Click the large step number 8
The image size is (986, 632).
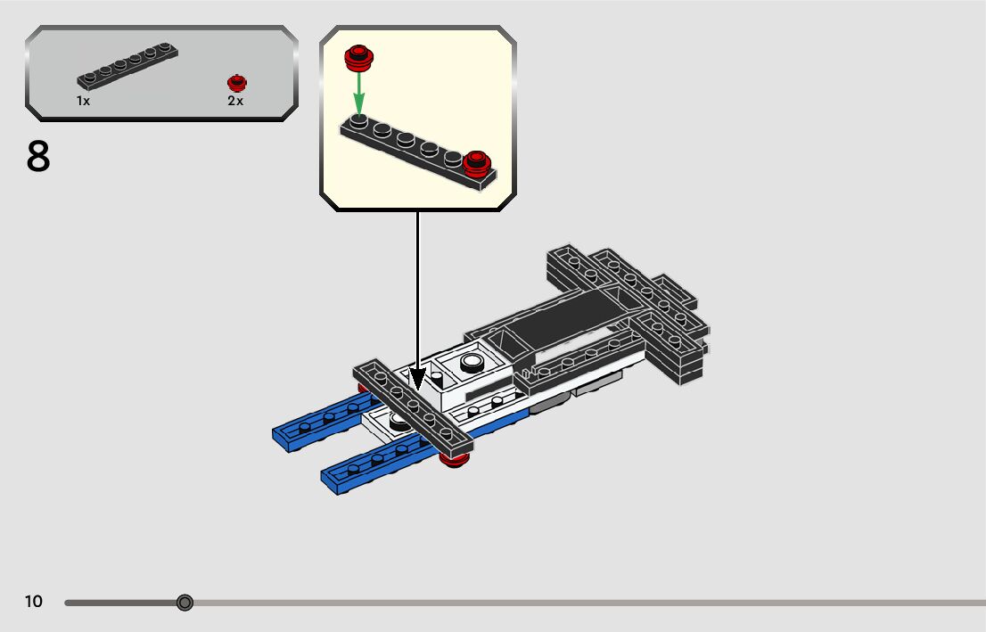pyautogui.click(x=38, y=157)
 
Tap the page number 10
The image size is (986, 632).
pyautogui.click(x=33, y=602)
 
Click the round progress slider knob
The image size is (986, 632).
pyautogui.click(x=185, y=603)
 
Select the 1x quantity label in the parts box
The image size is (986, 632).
pyautogui.click(x=83, y=102)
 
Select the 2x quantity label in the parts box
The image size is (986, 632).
pyautogui.click(x=235, y=102)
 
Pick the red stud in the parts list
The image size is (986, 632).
pyautogui.click(x=236, y=82)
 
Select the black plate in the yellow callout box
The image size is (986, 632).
pyautogui.click(x=410, y=150)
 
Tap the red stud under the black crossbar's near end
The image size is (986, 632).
pyautogui.click(x=455, y=459)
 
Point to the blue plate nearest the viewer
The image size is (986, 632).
pyautogui.click(x=374, y=465)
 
